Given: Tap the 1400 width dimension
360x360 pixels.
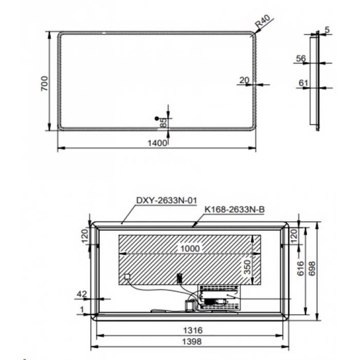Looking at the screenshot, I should click(157, 142).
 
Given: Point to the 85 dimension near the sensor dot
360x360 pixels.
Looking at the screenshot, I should click(163, 123).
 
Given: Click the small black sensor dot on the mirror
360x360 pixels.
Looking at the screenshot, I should click(157, 118).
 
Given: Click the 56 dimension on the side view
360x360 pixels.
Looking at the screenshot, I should click(301, 59).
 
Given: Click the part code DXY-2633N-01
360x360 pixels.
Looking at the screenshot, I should click(159, 201).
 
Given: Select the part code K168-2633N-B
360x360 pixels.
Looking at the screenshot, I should click(234, 209).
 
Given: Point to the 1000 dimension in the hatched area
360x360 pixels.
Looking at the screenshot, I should click(189, 248).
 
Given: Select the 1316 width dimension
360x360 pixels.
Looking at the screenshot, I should click(191, 330).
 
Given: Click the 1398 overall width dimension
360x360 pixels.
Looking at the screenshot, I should click(191, 341).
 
